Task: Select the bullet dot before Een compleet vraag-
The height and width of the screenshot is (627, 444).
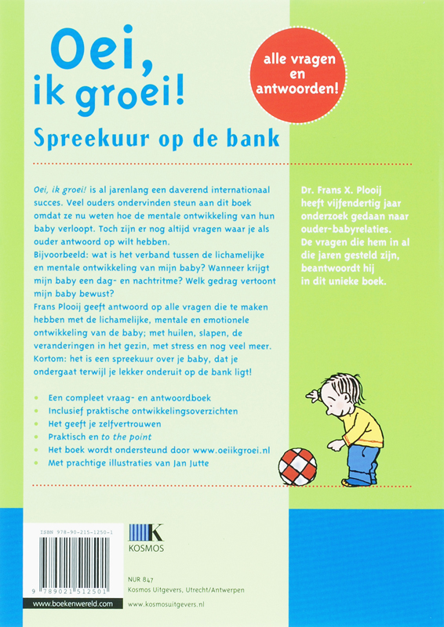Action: (x=37, y=397)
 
